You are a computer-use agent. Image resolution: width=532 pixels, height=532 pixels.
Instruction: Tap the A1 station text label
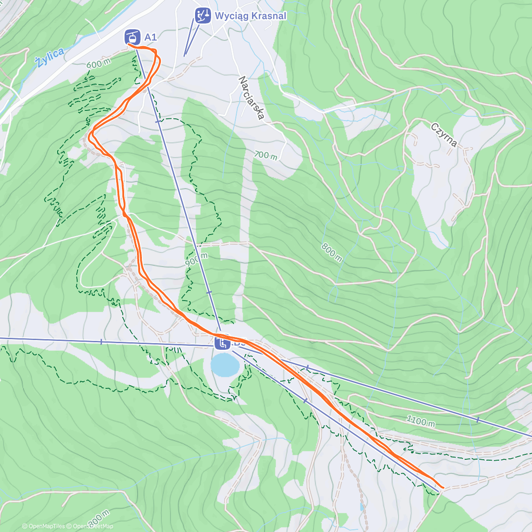tap(151, 37)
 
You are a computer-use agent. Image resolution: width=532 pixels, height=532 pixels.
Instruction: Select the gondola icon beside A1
tap(132, 37)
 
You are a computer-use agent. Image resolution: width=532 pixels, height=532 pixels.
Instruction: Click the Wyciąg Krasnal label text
tap(250, 16)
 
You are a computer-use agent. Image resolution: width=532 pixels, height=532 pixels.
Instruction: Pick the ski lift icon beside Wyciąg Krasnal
tap(203, 16)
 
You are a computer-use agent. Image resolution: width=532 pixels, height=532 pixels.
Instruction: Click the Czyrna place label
tap(444, 135)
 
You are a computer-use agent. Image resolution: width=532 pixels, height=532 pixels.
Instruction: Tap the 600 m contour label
tap(98, 64)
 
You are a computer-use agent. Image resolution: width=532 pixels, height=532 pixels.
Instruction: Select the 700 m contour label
tap(266, 156)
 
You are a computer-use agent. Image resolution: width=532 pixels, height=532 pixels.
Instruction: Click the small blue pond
tap(225, 364)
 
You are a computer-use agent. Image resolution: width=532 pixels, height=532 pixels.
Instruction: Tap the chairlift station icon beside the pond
tap(222, 343)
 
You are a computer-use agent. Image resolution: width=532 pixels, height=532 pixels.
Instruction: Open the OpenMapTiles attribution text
tap(43, 526)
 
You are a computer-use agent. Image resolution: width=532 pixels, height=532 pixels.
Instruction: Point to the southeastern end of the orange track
tap(442, 487)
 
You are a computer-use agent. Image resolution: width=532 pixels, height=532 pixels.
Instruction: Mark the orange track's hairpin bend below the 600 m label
tap(91, 133)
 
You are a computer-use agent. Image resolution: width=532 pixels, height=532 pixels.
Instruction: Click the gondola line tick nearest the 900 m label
tap(209, 292)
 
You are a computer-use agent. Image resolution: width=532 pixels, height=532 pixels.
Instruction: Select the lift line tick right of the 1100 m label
tap(477, 419)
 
